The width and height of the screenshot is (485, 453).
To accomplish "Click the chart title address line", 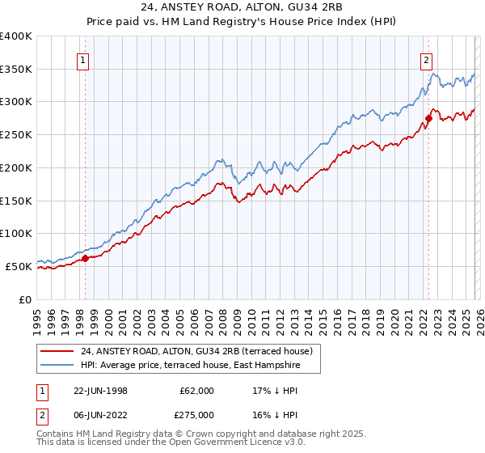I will [x=242, y=7].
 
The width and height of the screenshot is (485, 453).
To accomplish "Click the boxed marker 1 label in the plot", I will [x=83, y=59].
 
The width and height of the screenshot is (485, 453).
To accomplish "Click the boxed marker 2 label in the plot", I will [x=426, y=59].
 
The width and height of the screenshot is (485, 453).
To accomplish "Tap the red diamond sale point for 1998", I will [x=85, y=259].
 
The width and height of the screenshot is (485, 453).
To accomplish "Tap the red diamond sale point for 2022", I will [x=428, y=119].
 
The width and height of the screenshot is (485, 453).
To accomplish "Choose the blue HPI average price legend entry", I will [x=190, y=366].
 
